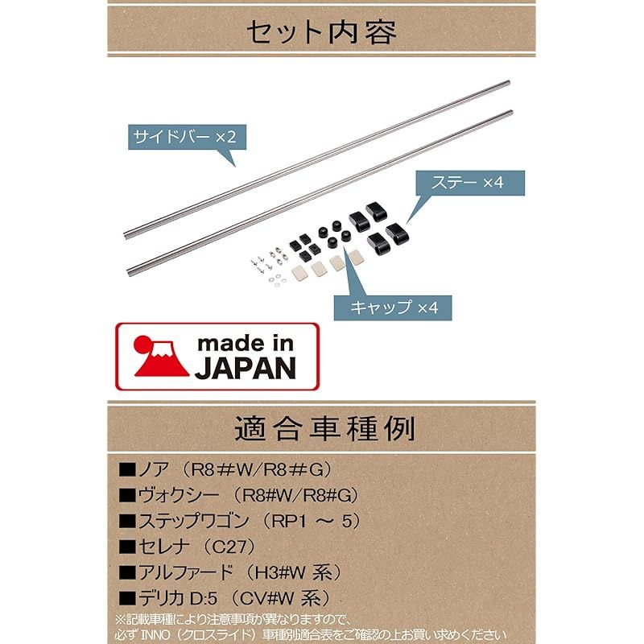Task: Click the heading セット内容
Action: point(321,32)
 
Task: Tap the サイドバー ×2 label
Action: point(184,137)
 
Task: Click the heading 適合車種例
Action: point(323,428)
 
